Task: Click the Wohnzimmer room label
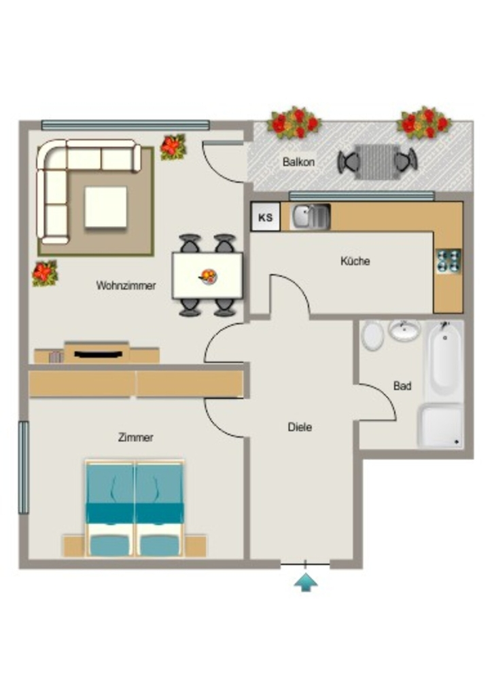126,286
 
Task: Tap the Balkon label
298,162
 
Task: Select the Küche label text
355,261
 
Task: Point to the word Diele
300,428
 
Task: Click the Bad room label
402,386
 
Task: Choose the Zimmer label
136,438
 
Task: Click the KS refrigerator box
265,217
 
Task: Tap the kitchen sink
310,217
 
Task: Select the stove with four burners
449,261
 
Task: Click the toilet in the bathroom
372,335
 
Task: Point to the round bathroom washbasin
404,331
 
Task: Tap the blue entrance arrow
306,582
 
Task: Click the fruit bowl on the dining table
208,277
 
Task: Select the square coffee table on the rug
105,207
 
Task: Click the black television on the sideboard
98,354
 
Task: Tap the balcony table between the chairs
376,162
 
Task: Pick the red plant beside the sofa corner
173,147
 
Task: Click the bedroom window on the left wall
24,468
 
